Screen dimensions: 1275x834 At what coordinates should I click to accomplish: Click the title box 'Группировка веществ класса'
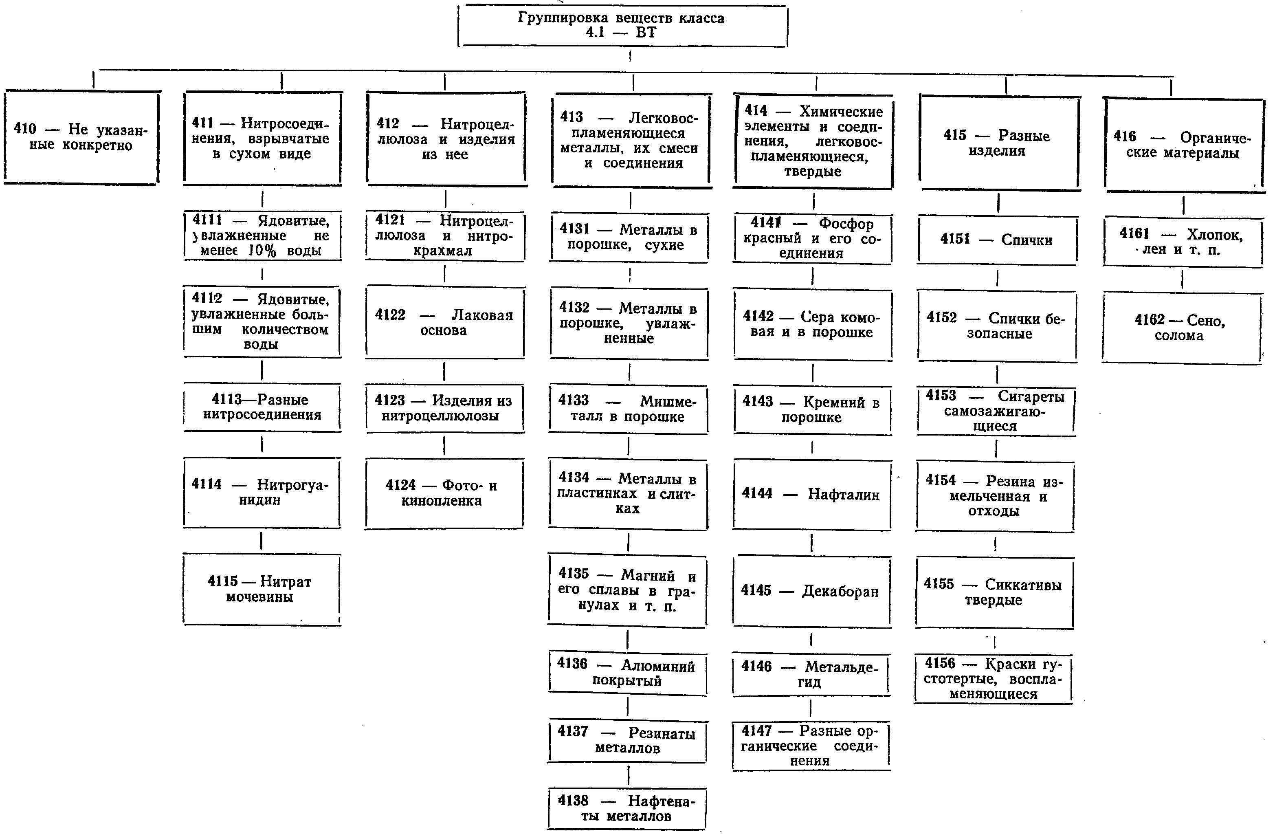tap(622, 26)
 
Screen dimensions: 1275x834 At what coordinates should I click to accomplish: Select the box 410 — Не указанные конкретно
tap(81, 138)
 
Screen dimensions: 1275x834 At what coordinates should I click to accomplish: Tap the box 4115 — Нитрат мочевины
tap(262, 590)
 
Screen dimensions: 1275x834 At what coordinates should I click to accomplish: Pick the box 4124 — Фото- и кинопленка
tap(444, 493)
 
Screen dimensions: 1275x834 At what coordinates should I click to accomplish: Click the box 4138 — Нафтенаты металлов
tap(626, 808)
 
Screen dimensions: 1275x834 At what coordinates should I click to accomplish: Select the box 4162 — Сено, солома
tap(1181, 328)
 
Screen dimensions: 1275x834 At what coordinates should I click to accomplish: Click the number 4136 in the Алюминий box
tap(572, 663)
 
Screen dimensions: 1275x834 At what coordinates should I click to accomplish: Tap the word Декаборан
tap(840, 591)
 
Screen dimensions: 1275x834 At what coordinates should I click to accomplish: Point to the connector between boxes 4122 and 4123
tap(444, 371)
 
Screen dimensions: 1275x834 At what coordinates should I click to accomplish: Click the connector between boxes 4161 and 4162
tap(1182, 279)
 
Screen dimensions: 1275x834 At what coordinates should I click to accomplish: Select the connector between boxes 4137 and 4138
tap(628, 775)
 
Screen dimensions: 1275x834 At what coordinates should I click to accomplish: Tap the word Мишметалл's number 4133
tap(573, 400)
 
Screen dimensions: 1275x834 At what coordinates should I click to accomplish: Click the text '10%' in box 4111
tap(262, 250)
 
